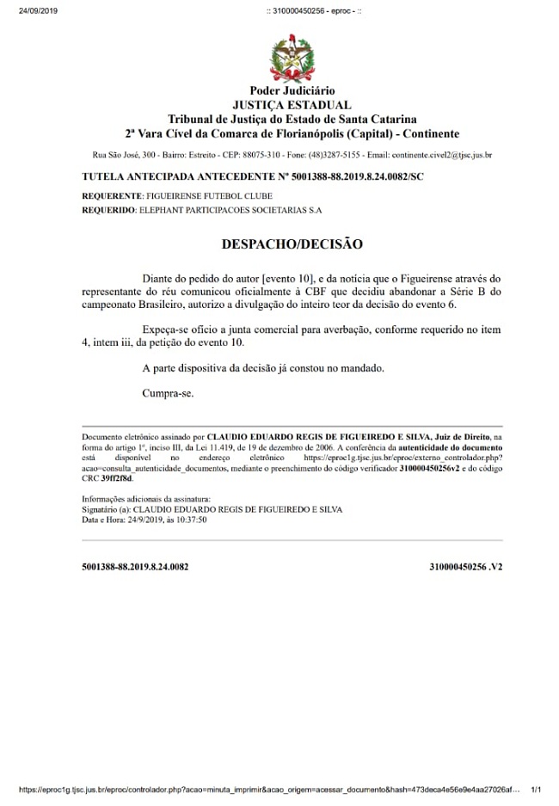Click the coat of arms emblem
pyautogui.click(x=292, y=58)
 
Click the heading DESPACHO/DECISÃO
pyautogui.click(x=292, y=244)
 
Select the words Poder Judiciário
pyautogui.click(x=292, y=91)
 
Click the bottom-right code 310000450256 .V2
pyautogui.click(x=465, y=568)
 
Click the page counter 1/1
pyautogui.click(x=537, y=789)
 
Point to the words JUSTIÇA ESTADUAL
pyautogui.click(x=292, y=105)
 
